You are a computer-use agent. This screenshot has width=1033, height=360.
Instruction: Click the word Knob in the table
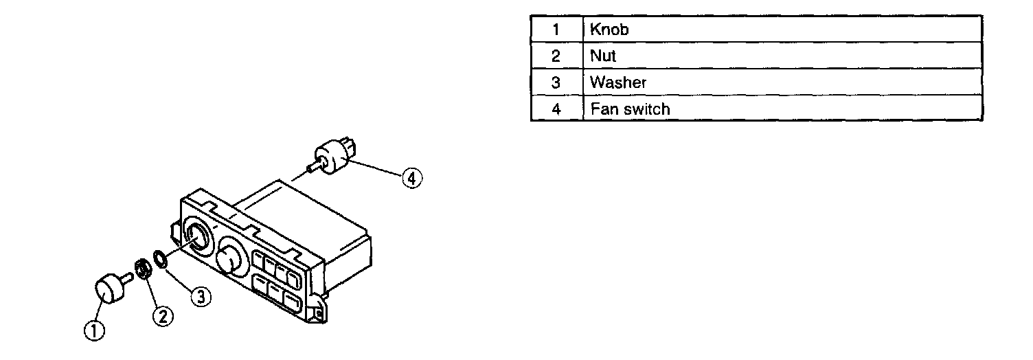point(609,30)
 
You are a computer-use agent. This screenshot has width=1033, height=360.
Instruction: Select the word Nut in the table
point(603,56)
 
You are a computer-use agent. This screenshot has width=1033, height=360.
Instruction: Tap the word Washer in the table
point(618,82)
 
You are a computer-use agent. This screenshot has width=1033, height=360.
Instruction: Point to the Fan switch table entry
point(629,109)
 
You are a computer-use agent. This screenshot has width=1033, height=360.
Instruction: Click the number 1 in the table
point(556,30)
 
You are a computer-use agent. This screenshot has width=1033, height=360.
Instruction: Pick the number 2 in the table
point(556,56)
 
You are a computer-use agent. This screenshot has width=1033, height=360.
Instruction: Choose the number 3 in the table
point(556,82)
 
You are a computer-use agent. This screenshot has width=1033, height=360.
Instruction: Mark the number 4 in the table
point(556,109)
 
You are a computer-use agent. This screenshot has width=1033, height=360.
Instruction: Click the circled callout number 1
point(94,330)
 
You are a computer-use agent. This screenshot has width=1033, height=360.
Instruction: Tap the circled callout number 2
point(162,315)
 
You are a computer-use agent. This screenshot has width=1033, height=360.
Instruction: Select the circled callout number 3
point(200,297)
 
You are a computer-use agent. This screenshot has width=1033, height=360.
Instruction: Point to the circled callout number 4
point(411,178)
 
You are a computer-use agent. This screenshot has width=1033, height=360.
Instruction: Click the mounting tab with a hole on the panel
point(317,313)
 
